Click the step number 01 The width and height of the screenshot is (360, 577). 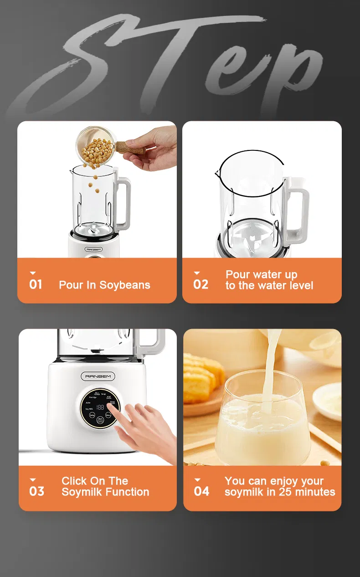click(36, 284)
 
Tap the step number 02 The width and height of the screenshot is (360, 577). click(201, 284)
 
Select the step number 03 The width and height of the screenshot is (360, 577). click(37, 491)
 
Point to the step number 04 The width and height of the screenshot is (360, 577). click(201, 491)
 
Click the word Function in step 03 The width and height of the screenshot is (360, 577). click(128, 492)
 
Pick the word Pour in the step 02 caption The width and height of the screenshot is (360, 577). click(237, 275)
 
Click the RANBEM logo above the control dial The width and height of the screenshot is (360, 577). click(98, 376)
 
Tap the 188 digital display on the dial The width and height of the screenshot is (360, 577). click(100, 407)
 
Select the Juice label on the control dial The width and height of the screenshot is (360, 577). click(88, 402)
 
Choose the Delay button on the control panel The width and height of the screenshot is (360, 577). click(92, 415)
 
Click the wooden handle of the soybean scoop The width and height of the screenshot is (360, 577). click(130, 147)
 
